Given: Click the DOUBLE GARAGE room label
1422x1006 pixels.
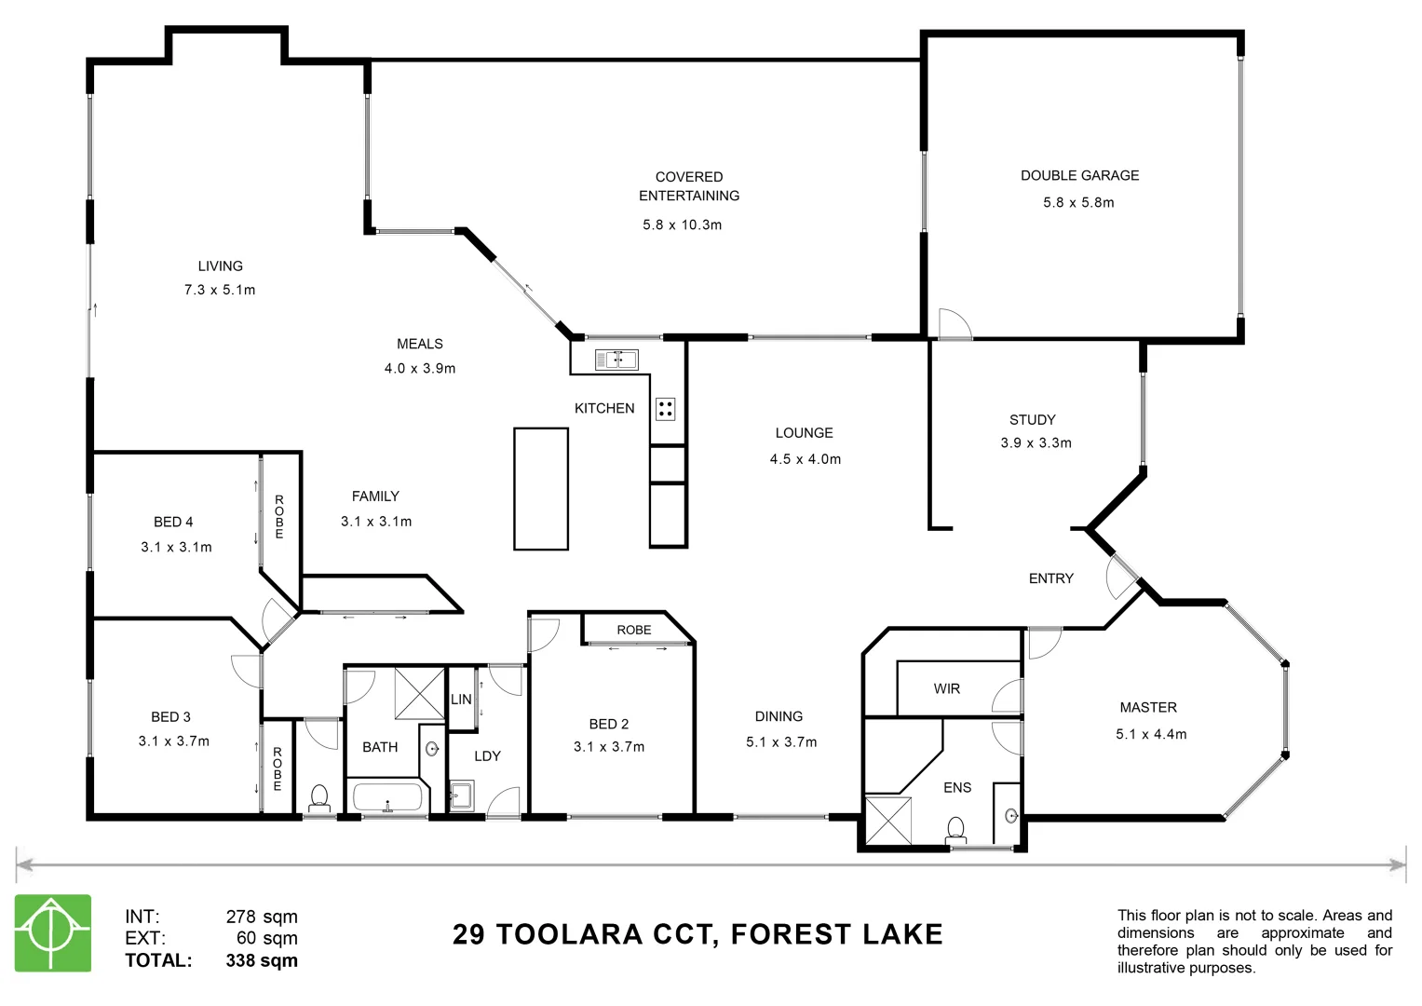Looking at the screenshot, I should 1079,175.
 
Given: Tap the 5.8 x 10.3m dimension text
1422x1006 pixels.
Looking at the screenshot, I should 682,224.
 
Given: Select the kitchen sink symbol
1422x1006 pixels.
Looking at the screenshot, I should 616,359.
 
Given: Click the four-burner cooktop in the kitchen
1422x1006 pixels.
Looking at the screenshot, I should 665,409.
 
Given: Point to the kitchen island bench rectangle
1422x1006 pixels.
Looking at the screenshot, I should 541,488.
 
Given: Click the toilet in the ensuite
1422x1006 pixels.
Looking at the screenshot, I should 956,828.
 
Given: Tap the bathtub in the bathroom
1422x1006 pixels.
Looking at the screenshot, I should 387,797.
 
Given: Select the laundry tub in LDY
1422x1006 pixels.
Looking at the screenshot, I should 462,795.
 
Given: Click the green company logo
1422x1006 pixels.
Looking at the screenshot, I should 53,932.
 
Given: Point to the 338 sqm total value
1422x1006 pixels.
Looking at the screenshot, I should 262,960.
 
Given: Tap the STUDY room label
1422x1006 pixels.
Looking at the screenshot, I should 1032,420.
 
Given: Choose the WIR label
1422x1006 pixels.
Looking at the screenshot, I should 946,689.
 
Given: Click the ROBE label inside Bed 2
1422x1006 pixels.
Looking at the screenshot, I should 634,631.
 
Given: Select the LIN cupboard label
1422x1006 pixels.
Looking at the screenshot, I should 461,700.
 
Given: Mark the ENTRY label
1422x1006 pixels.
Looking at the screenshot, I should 1050,578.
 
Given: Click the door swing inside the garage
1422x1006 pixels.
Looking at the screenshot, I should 954,324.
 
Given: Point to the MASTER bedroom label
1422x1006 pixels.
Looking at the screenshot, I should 1147,708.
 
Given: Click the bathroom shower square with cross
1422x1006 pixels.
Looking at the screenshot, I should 419,694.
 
